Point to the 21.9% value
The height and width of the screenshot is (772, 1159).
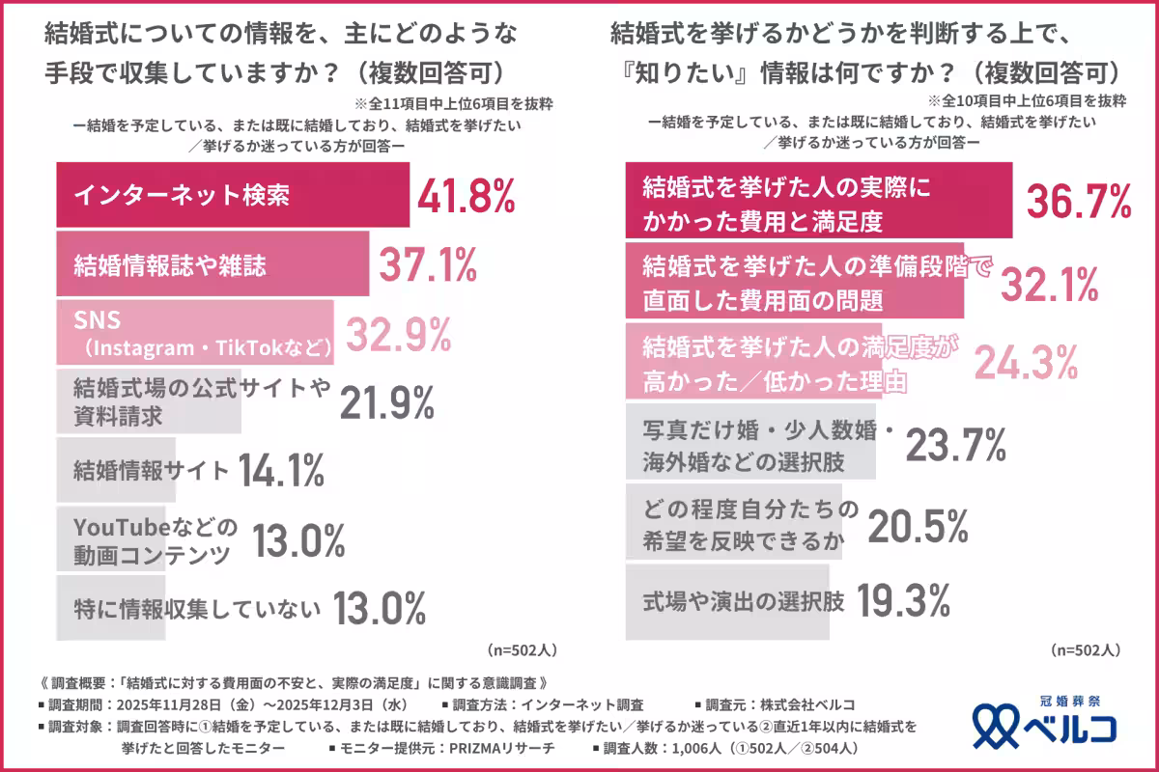point(386,400)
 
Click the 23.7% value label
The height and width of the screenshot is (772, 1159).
point(956,444)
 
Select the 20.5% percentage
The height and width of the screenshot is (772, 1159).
point(918,526)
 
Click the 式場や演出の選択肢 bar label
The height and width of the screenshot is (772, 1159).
point(744,603)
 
